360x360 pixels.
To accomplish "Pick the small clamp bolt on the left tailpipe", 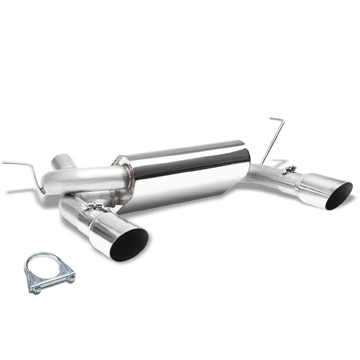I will click(93, 206).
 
